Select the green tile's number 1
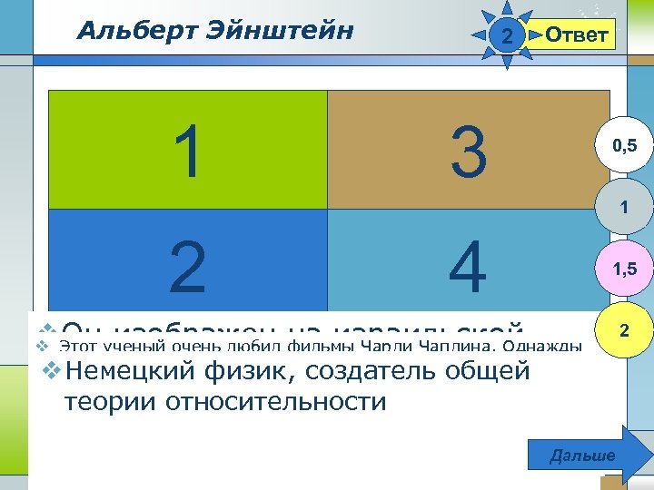click(x=188, y=152)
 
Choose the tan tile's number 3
click(x=469, y=152)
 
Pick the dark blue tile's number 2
click(x=187, y=267)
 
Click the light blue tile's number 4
click(x=469, y=267)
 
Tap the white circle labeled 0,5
click(x=623, y=145)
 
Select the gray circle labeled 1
click(x=623, y=208)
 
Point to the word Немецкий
click(x=127, y=371)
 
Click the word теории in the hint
click(x=112, y=401)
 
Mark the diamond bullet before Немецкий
click(x=51, y=370)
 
